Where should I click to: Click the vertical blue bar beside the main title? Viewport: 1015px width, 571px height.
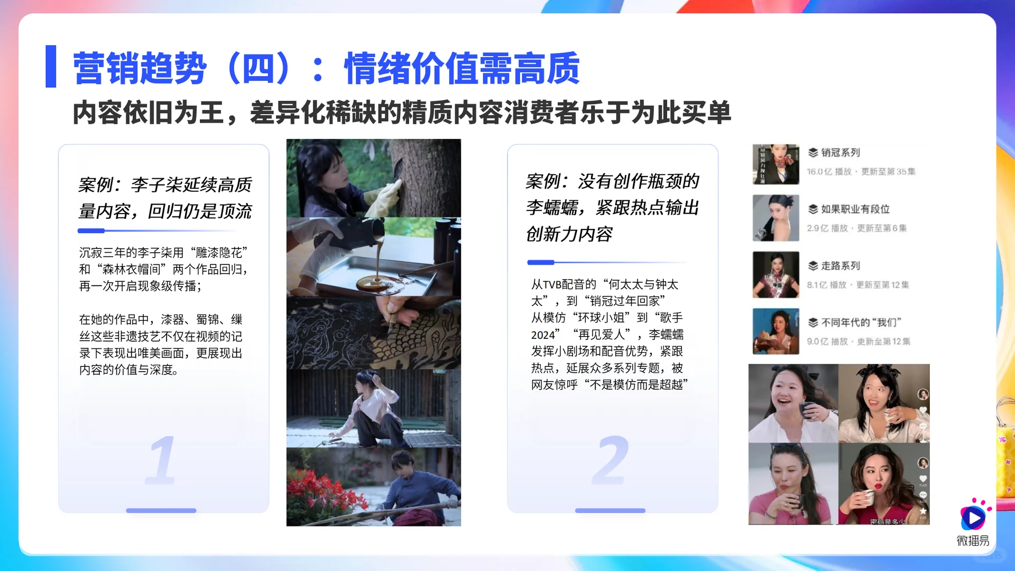click(51, 66)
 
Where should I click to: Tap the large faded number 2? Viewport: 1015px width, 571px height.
click(611, 459)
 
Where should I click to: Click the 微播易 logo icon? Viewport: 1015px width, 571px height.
click(973, 516)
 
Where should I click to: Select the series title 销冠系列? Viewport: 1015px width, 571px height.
click(840, 153)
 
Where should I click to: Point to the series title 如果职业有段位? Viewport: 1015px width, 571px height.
click(855, 209)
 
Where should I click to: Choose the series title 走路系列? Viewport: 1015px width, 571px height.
click(840, 266)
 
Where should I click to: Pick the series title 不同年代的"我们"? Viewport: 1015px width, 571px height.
click(861, 323)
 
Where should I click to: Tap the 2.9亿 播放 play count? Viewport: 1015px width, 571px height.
click(827, 228)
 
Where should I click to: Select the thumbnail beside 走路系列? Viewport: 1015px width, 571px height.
click(776, 275)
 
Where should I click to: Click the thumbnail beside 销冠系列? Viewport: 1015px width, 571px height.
click(776, 164)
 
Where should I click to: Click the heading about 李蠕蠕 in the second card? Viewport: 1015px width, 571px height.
click(612, 207)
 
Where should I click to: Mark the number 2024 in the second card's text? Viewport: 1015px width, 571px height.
click(543, 335)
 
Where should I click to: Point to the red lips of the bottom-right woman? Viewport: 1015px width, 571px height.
click(878, 486)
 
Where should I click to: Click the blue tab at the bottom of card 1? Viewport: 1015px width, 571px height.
click(161, 511)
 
